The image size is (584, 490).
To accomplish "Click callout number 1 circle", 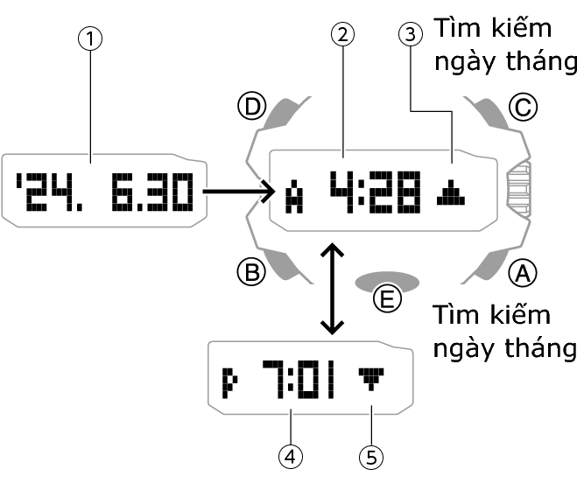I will point(90,38).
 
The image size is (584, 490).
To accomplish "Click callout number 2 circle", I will point(343,36).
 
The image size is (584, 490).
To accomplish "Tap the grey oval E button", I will point(385,282).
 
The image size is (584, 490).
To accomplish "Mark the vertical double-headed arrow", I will point(330,290).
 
